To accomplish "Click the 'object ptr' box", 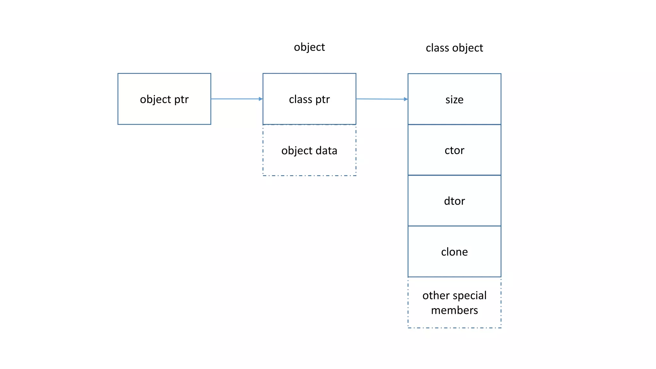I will coord(164,99).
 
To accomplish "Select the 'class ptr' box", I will coord(309,99).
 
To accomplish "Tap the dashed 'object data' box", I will coord(309,150).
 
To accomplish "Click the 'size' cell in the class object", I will coord(454,99).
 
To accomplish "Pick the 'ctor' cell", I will coord(454,150).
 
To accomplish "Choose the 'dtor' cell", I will coord(454,201).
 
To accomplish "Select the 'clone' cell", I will coord(454,251).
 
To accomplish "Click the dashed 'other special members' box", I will coord(454,302).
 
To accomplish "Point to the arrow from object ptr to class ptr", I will coord(235,99).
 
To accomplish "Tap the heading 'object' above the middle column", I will coord(309,47).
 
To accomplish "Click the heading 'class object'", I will coord(454,48).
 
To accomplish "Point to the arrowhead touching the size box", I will coord(406,99).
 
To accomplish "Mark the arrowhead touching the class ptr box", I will coord(261,99).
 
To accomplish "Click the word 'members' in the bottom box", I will coord(454,310).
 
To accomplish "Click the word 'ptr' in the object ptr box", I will coord(181,100).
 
